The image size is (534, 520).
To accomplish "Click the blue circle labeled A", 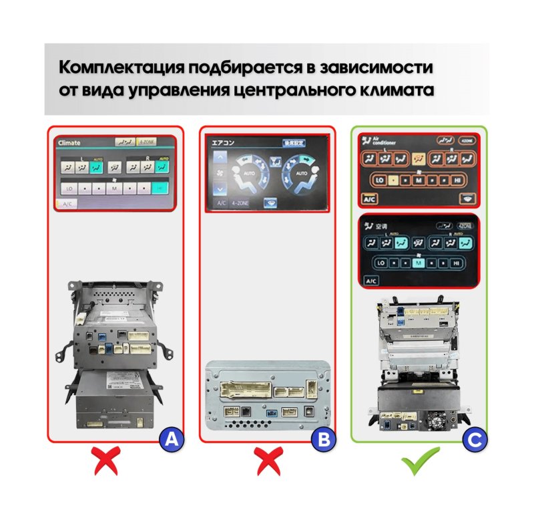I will [x=171, y=440].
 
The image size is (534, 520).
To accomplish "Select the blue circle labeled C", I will [x=475, y=440].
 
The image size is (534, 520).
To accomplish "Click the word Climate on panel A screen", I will [x=69, y=143].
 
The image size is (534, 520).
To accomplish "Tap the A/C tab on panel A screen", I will [x=67, y=203].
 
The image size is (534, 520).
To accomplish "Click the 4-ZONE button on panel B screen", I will [x=240, y=203].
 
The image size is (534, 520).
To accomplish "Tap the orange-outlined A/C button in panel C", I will [x=369, y=199].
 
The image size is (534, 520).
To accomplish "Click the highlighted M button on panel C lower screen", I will [x=419, y=263].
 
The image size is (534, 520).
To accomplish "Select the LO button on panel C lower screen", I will [x=381, y=263].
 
